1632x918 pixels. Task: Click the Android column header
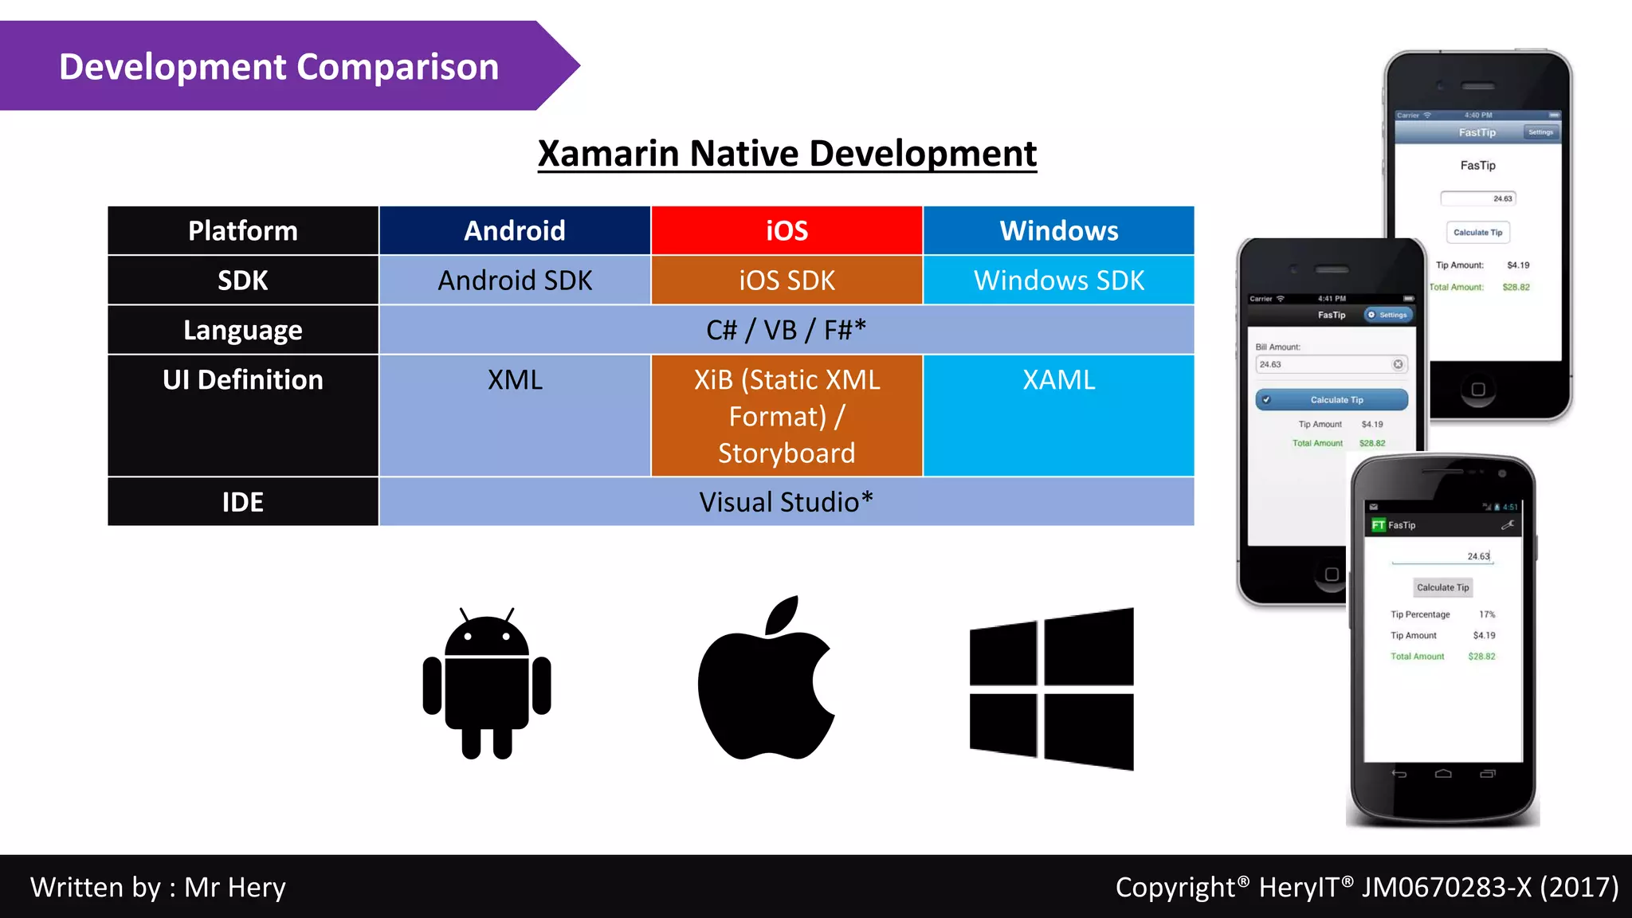515,231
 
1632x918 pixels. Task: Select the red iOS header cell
787,231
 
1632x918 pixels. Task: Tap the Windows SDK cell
1058,280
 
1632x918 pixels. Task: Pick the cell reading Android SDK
515,280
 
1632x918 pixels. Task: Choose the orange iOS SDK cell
787,280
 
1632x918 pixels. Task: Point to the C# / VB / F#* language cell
786,330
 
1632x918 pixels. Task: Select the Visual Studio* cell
786,502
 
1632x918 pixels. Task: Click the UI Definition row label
243,380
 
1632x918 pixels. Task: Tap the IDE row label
243,502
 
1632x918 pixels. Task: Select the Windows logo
1051,688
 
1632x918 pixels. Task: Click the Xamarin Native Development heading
787,154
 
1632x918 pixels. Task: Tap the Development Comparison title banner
279,67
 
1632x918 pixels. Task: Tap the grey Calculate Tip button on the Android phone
1442,588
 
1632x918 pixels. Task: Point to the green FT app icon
1378,525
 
